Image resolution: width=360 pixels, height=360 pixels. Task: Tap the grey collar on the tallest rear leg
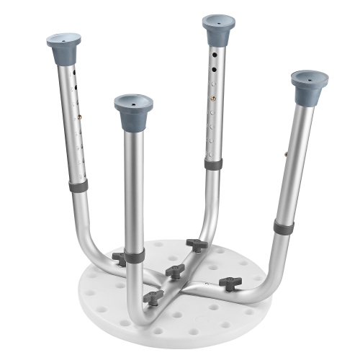[x=212, y=165]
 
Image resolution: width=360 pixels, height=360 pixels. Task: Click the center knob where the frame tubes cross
[x=173, y=270]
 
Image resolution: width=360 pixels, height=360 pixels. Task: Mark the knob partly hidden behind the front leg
[x=119, y=257]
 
